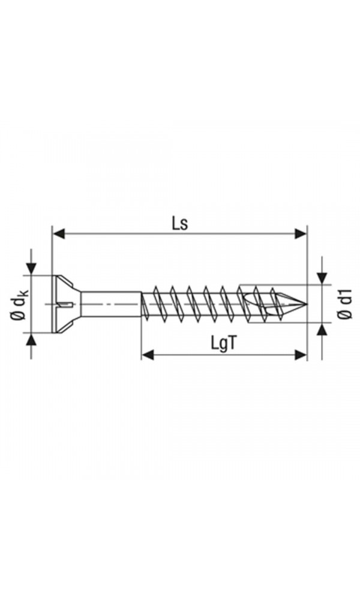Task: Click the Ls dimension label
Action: pyautogui.click(x=179, y=224)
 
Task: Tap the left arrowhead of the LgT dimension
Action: pyautogui.click(x=147, y=355)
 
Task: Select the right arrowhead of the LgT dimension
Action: pyautogui.click(x=301, y=355)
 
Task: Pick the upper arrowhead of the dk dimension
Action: pyautogui.click(x=31, y=270)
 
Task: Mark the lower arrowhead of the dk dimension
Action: pyautogui.click(x=31, y=339)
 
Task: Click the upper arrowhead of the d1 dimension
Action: pyautogui.click(x=322, y=278)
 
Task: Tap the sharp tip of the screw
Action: pyautogui.click(x=306, y=304)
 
